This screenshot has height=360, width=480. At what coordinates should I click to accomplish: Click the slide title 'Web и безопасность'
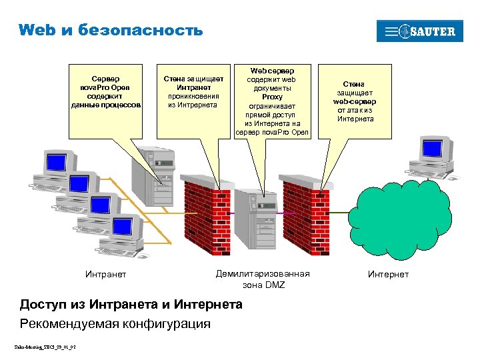tap(110, 29)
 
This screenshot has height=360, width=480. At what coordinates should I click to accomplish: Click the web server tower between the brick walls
tap(257, 220)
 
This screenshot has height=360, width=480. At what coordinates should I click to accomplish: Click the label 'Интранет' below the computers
tap(105, 274)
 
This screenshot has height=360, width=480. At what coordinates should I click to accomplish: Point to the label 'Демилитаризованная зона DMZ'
tap(263, 279)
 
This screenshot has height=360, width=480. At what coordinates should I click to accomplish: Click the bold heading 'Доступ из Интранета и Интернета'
tap(131, 305)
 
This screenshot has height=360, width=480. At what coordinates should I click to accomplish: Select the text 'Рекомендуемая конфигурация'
tap(115, 323)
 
